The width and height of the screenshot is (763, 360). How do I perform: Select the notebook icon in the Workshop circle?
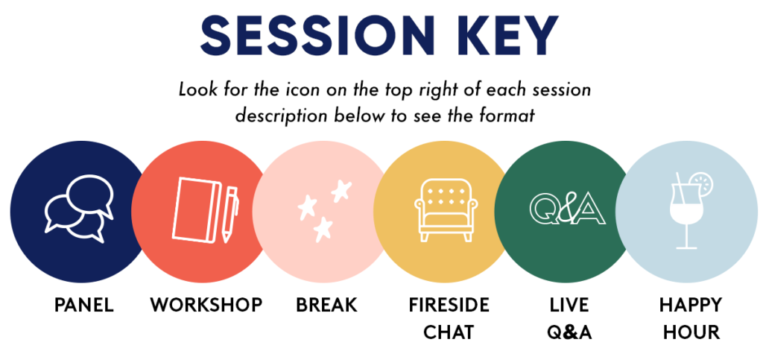(194, 209)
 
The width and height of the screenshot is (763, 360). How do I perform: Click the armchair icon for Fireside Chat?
(446, 209)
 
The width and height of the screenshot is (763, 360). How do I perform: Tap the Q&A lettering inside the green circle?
(567, 210)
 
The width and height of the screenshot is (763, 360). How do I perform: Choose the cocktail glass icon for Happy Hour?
(691, 212)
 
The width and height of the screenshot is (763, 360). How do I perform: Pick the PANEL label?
(83, 306)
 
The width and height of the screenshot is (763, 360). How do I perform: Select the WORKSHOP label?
(206, 306)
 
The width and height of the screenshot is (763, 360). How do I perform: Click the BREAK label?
(326, 306)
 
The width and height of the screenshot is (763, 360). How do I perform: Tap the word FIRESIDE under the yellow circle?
(449, 306)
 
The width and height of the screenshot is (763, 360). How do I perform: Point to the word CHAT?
(449, 332)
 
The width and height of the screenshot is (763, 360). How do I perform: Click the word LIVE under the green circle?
(569, 306)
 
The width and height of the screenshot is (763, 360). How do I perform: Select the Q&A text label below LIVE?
(569, 332)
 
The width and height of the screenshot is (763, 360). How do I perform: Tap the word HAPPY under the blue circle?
(691, 306)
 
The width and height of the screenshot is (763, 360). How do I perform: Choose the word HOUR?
(691, 332)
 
